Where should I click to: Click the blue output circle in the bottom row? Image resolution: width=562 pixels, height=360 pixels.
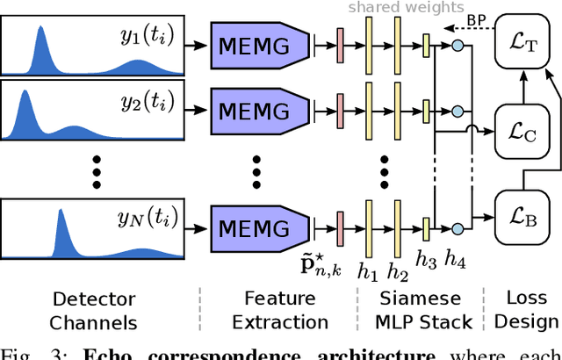click(457, 228)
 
